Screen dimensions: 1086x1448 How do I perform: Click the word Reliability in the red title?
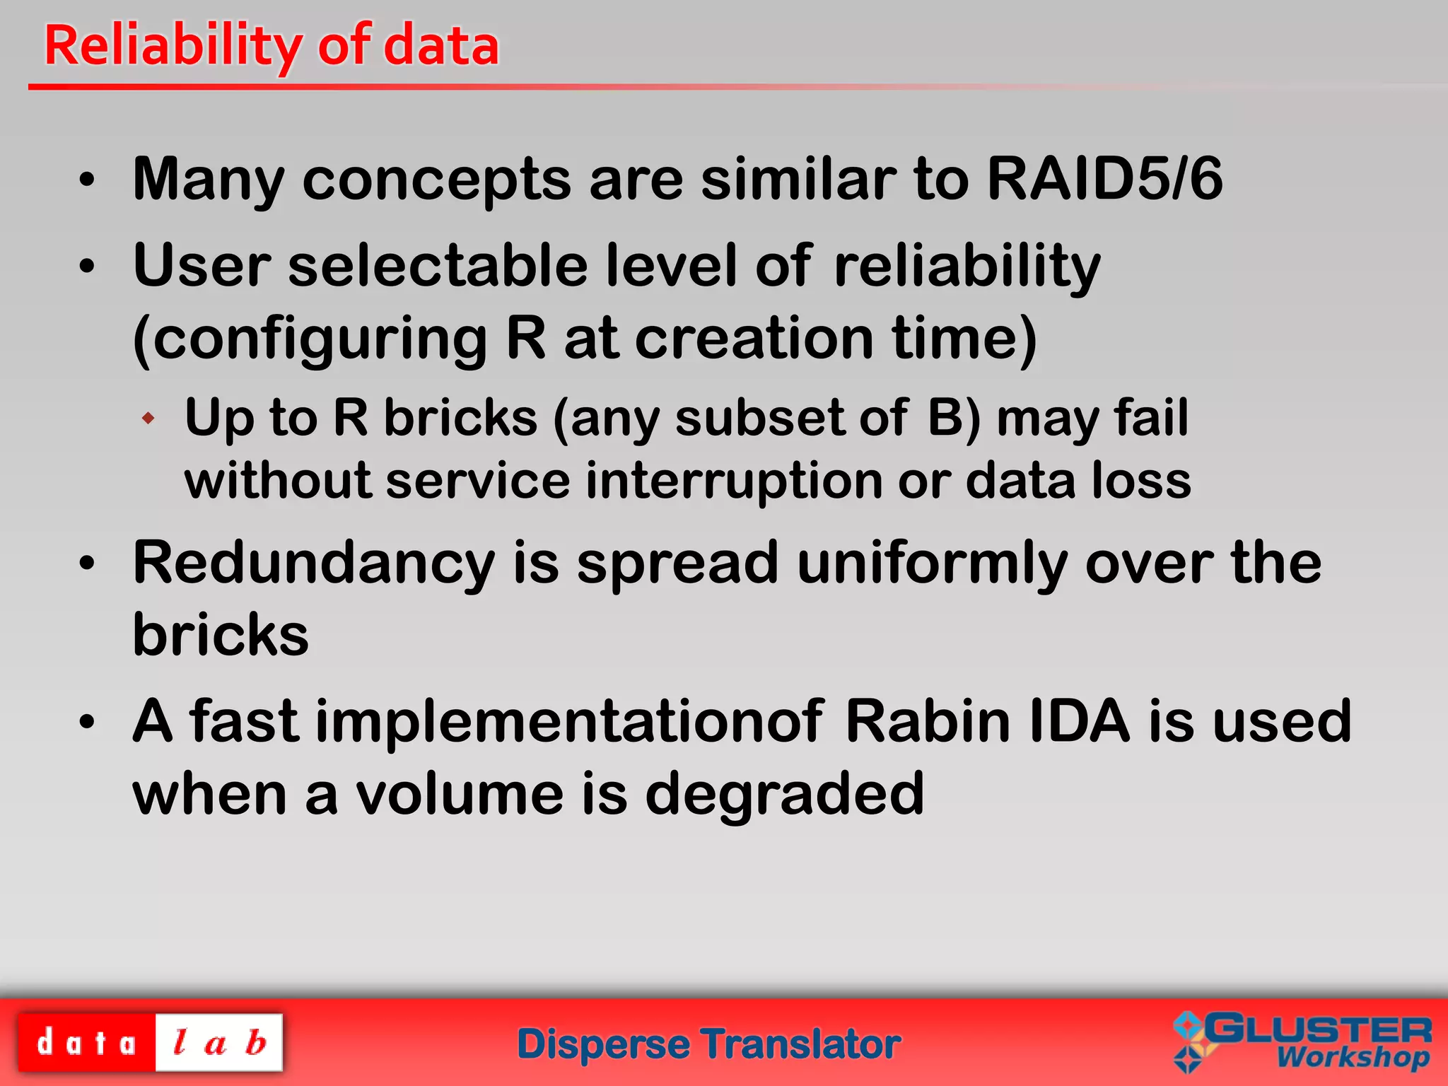click(x=173, y=46)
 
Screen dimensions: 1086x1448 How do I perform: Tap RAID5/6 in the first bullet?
click(x=1104, y=179)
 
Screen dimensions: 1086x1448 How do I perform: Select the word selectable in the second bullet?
click(x=438, y=266)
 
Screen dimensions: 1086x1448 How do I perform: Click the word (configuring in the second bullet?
click(x=310, y=339)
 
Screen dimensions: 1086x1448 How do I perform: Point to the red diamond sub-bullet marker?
click(x=148, y=419)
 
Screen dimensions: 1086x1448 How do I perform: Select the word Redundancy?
click(x=314, y=564)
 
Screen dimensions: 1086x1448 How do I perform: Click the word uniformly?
click(x=933, y=564)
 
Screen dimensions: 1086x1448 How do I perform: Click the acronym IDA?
click(x=1080, y=722)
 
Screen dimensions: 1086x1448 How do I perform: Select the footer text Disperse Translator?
click(x=708, y=1045)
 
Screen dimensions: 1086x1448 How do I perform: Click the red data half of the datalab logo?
click(x=86, y=1043)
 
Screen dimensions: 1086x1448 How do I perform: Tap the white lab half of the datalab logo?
click(x=219, y=1043)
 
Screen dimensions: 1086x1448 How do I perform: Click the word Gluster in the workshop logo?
click(x=1319, y=1029)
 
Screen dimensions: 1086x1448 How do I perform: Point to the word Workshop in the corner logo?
click(x=1353, y=1058)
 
